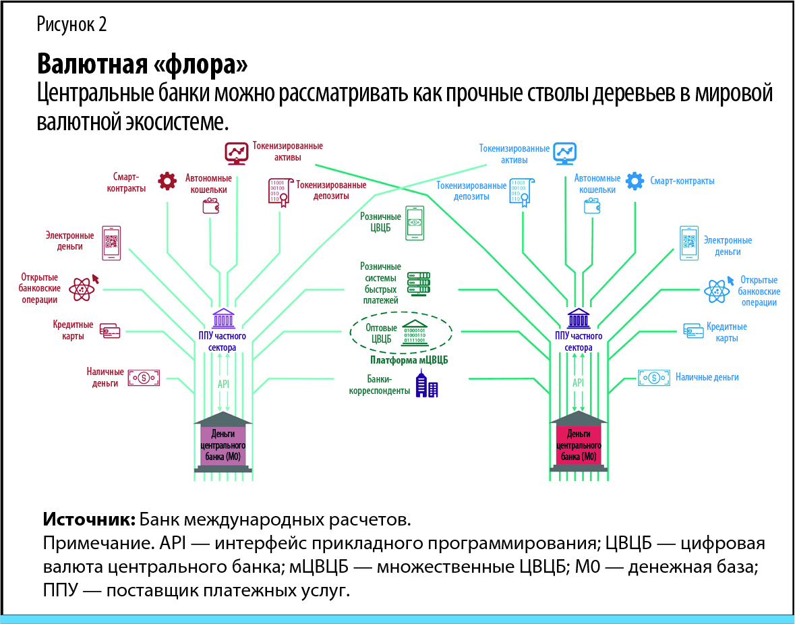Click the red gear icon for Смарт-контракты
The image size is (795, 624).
pyautogui.click(x=167, y=181)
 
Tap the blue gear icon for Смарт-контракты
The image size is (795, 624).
pyautogui.click(x=635, y=181)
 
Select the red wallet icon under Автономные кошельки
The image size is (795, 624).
pyautogui.click(x=211, y=206)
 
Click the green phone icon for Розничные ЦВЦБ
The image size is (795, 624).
pyautogui.click(x=415, y=223)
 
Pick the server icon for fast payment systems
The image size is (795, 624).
pyautogui.click(x=418, y=283)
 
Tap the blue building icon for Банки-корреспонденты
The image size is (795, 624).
pyautogui.click(x=426, y=385)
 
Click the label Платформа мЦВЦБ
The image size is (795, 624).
pyautogui.click(x=409, y=360)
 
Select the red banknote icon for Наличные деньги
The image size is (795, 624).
pyautogui.click(x=144, y=378)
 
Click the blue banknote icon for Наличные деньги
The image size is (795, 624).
pyautogui.click(x=653, y=377)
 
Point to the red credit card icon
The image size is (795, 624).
pyautogui.click(x=110, y=331)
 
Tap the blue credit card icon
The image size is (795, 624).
pyautogui.click(x=693, y=331)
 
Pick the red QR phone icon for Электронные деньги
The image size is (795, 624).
pyautogui.click(x=111, y=243)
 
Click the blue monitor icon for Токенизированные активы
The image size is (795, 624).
pyautogui.click(x=564, y=153)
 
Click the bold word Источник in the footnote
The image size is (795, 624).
pyautogui.click(x=90, y=520)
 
